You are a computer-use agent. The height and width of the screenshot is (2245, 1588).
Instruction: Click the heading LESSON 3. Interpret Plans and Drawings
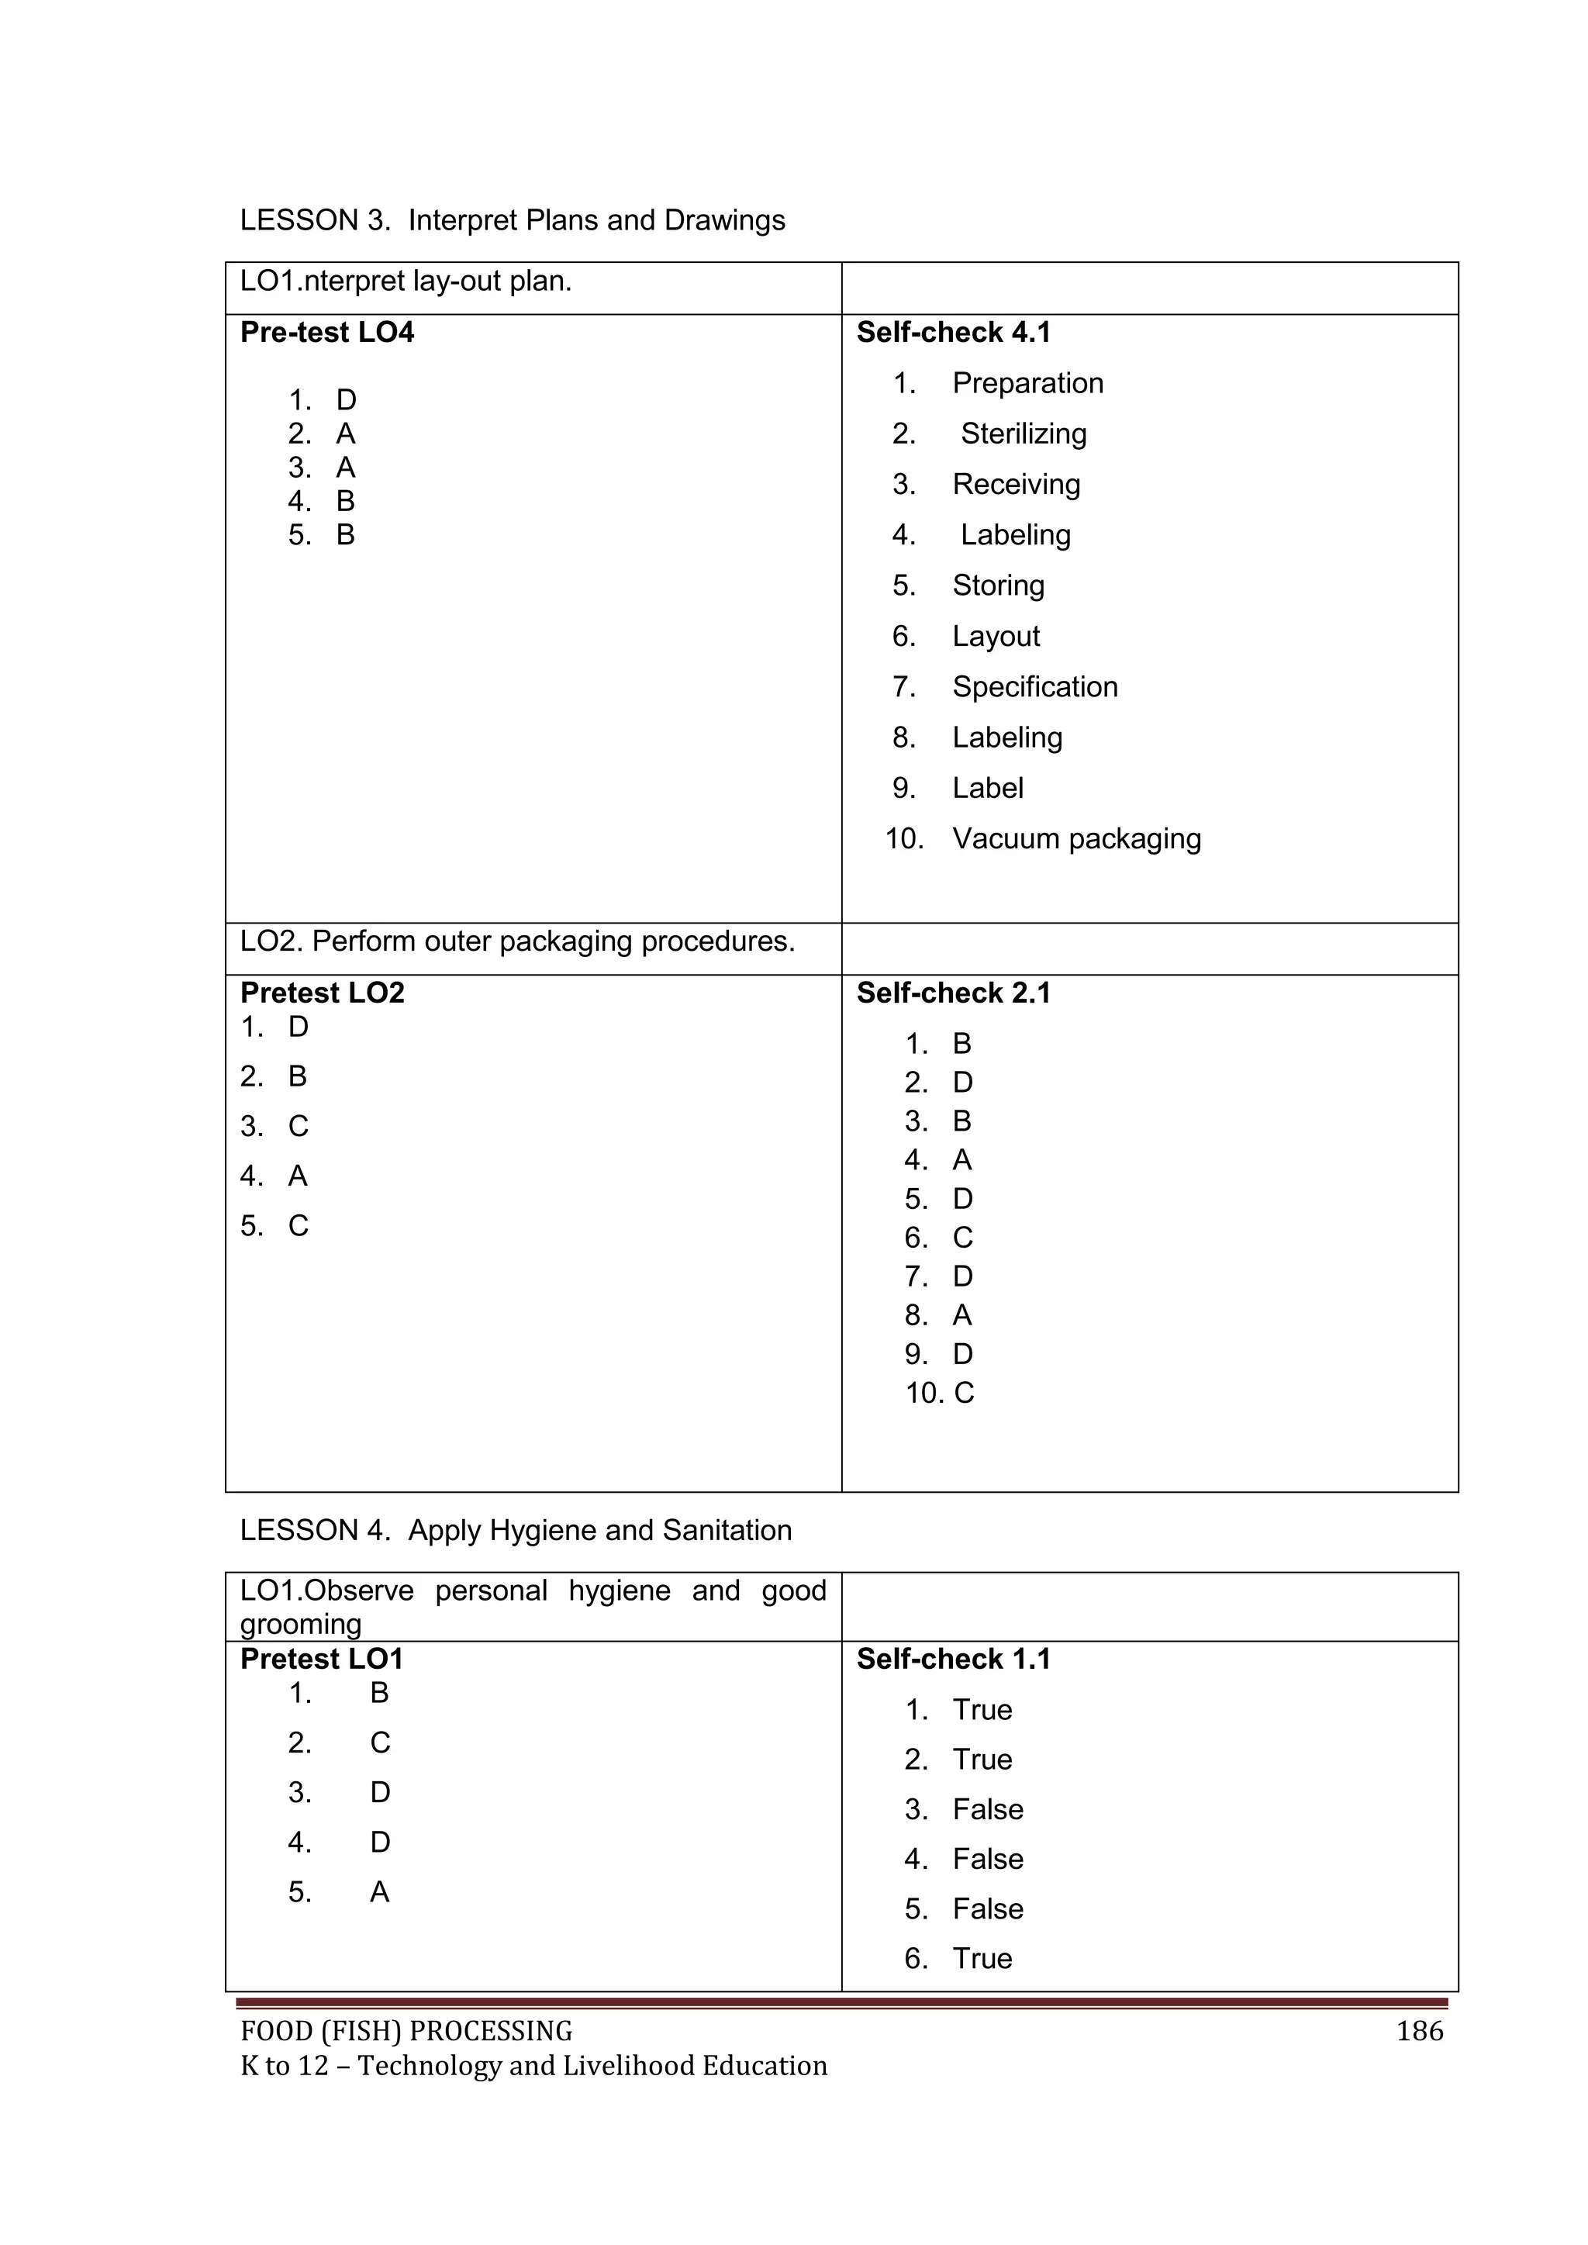click(513, 220)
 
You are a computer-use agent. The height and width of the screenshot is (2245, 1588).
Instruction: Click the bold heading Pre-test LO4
click(326, 333)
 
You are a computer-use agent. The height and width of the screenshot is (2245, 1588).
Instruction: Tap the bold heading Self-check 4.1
click(954, 333)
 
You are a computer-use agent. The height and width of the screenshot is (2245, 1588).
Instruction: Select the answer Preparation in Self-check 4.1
click(1027, 383)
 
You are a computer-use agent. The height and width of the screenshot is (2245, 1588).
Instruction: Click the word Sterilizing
click(1023, 434)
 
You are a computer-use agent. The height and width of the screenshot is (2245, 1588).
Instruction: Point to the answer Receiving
click(1016, 484)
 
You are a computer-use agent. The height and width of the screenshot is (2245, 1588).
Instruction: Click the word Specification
click(1034, 687)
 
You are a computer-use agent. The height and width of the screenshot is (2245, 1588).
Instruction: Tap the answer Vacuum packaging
click(1075, 839)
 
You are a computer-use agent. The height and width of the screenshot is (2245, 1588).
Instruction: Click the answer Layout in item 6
click(996, 637)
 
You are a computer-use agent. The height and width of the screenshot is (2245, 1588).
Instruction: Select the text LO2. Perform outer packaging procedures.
click(517, 941)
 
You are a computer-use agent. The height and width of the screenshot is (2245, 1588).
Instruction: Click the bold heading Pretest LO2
click(322, 993)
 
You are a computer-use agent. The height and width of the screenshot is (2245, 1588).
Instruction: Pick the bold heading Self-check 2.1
click(954, 993)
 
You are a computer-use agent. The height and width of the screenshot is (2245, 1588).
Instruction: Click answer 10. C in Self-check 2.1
click(940, 1394)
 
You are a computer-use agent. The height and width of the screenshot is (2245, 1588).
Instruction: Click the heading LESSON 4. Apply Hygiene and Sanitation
click(516, 1530)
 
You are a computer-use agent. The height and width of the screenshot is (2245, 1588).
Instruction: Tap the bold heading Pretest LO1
click(321, 1660)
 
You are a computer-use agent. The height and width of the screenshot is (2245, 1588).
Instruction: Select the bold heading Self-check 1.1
click(954, 1660)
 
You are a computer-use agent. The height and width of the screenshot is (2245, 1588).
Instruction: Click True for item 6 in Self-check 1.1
click(982, 1959)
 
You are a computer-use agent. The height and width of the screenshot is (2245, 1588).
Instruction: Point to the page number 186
click(1419, 2032)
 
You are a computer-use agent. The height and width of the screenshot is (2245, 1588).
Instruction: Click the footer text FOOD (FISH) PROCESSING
click(406, 2032)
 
